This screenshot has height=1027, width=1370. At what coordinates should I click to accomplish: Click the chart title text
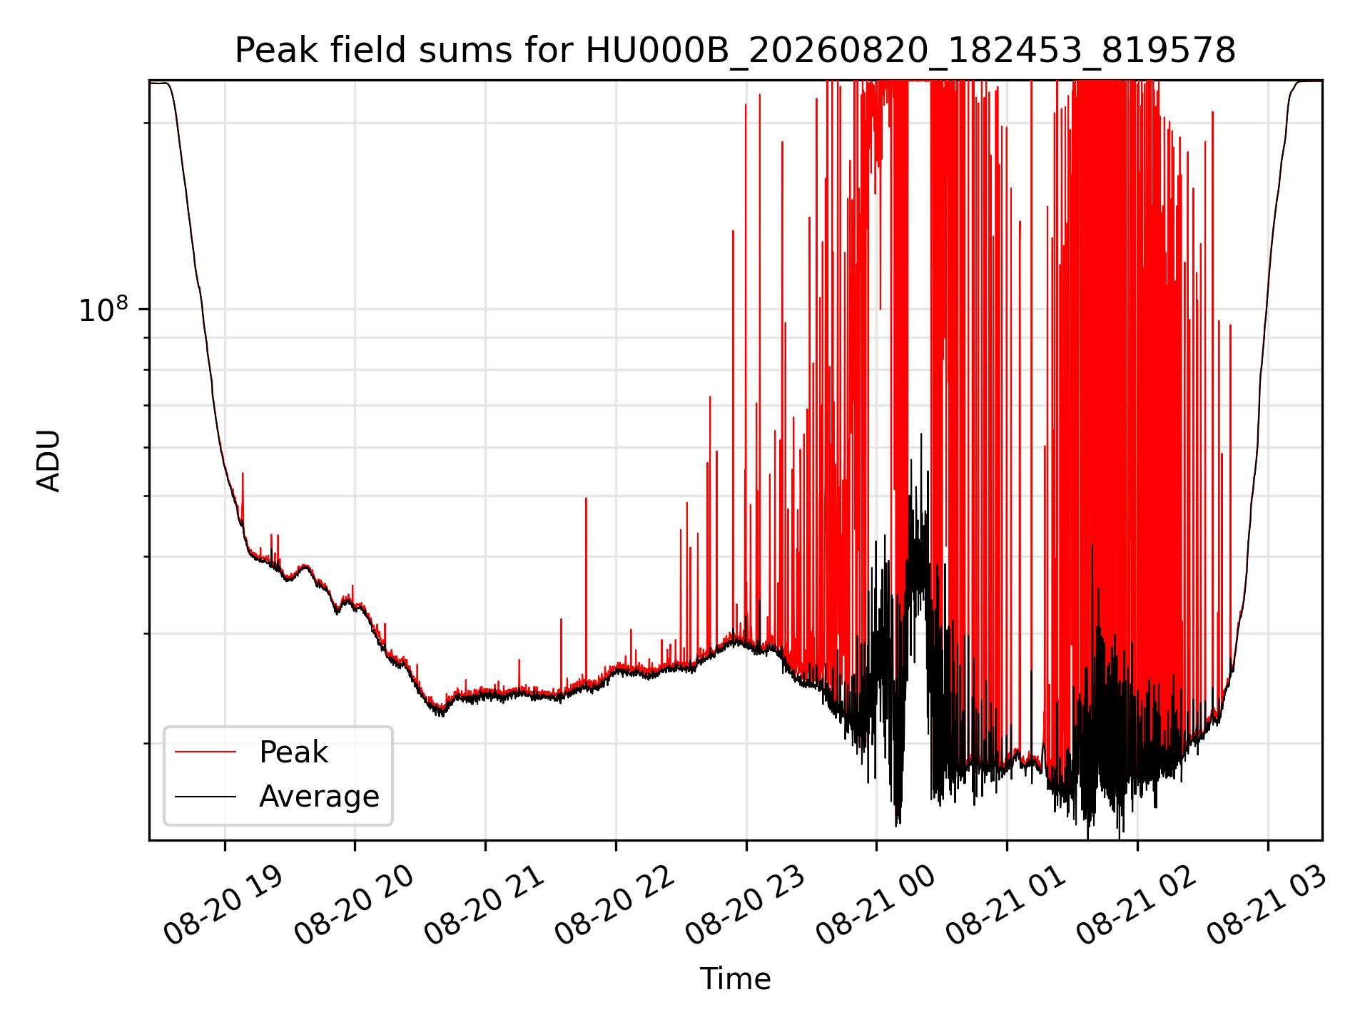pyautogui.click(x=735, y=51)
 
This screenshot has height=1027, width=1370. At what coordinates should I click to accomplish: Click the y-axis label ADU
pyautogui.click(x=49, y=460)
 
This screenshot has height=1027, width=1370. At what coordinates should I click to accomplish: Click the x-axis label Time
pyautogui.click(x=735, y=979)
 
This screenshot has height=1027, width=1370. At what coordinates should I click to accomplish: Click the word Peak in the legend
pyautogui.click(x=293, y=752)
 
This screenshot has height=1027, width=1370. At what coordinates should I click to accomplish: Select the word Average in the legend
pyautogui.click(x=319, y=797)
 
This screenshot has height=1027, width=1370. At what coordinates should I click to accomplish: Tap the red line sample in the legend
pyautogui.click(x=205, y=752)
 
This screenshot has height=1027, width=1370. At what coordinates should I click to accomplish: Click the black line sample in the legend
pyautogui.click(x=205, y=796)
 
